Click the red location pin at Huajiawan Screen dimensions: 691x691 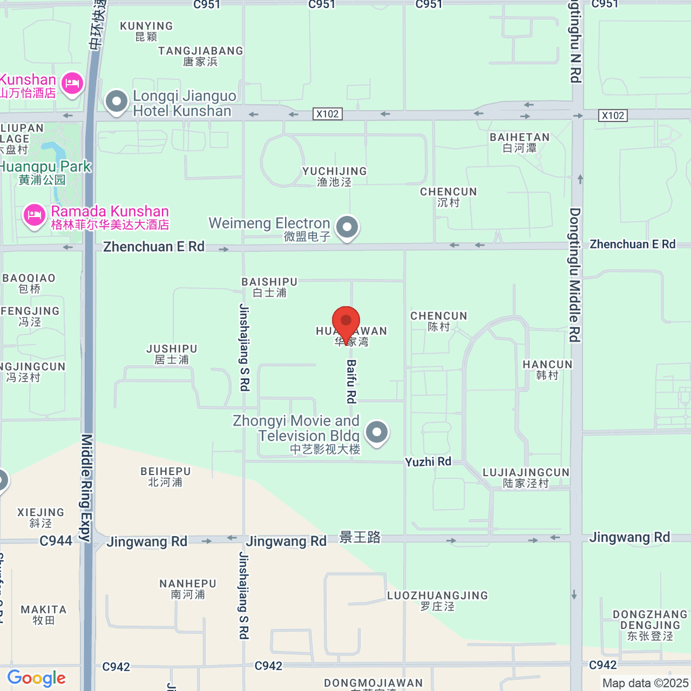point(346,322)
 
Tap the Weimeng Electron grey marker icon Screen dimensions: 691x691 point(347,227)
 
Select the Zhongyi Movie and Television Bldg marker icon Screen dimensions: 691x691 point(377,432)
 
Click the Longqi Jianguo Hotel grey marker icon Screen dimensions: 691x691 point(117,102)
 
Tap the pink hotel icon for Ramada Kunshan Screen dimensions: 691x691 point(34,216)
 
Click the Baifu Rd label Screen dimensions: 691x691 point(351,381)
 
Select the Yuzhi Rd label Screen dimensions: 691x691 point(428,462)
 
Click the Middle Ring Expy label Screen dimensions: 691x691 point(86,488)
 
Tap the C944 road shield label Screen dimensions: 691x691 point(56,541)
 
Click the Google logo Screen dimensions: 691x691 point(36,678)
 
